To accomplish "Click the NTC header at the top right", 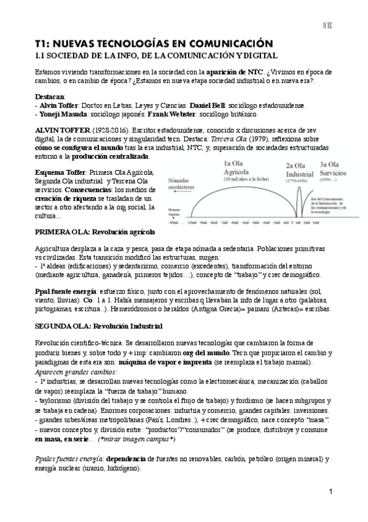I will point(327,26).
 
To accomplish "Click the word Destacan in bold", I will point(50,97).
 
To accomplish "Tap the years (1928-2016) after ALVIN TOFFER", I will point(92,132).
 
